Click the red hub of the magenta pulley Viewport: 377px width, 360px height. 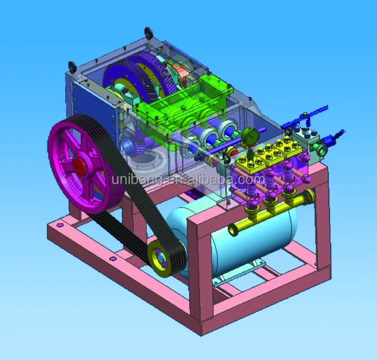(x=79, y=166)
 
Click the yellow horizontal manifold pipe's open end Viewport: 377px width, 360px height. (x=233, y=230)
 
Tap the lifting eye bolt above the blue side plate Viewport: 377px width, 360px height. (x=72, y=66)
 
